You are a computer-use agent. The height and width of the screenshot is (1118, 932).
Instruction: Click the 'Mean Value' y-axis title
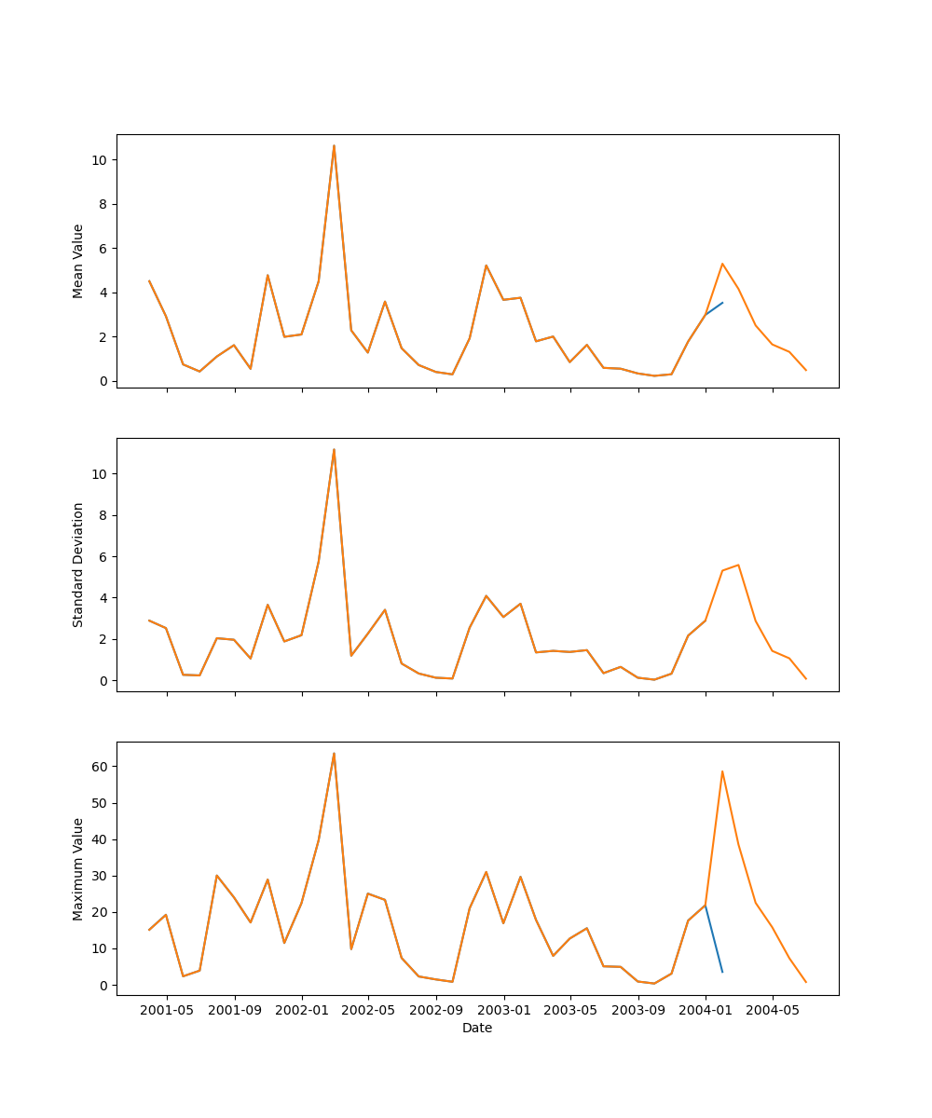pyautogui.click(x=78, y=261)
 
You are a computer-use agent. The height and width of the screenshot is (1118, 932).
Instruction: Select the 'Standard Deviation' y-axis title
pyautogui.click(x=78, y=565)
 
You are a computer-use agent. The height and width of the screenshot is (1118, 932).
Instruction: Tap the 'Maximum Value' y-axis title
pyautogui.click(x=78, y=868)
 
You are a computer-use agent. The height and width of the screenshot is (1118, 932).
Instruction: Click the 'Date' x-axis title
pyautogui.click(x=477, y=1028)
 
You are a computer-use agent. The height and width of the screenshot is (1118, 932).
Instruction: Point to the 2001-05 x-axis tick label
pyautogui.click(x=168, y=1010)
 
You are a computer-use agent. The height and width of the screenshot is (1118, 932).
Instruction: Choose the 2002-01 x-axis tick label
pyautogui.click(x=302, y=1010)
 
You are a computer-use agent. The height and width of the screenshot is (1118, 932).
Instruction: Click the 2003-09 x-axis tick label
pyautogui.click(x=638, y=1010)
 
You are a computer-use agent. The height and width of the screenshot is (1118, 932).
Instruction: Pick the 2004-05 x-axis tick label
pyautogui.click(x=773, y=1010)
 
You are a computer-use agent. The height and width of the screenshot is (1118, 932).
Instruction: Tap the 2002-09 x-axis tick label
pyautogui.click(x=437, y=1010)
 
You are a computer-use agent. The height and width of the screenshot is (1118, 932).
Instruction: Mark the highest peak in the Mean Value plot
pyautogui.click(x=334, y=145)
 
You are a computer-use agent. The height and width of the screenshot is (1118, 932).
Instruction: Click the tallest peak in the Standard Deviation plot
pyautogui.click(x=334, y=449)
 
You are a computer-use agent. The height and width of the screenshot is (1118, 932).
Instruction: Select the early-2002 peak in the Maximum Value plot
pyautogui.click(x=334, y=753)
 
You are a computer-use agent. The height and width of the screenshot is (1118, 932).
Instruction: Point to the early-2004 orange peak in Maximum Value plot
pyautogui.click(x=722, y=771)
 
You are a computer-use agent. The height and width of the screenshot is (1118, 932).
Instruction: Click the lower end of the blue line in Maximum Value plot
pyautogui.click(x=722, y=972)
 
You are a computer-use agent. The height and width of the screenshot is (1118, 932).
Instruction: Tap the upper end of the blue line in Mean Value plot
pyautogui.click(x=722, y=302)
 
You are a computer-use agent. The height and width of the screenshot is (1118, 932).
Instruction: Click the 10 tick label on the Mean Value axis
pyautogui.click(x=99, y=160)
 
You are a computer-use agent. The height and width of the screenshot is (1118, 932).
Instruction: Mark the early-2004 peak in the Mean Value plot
pyautogui.click(x=722, y=264)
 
